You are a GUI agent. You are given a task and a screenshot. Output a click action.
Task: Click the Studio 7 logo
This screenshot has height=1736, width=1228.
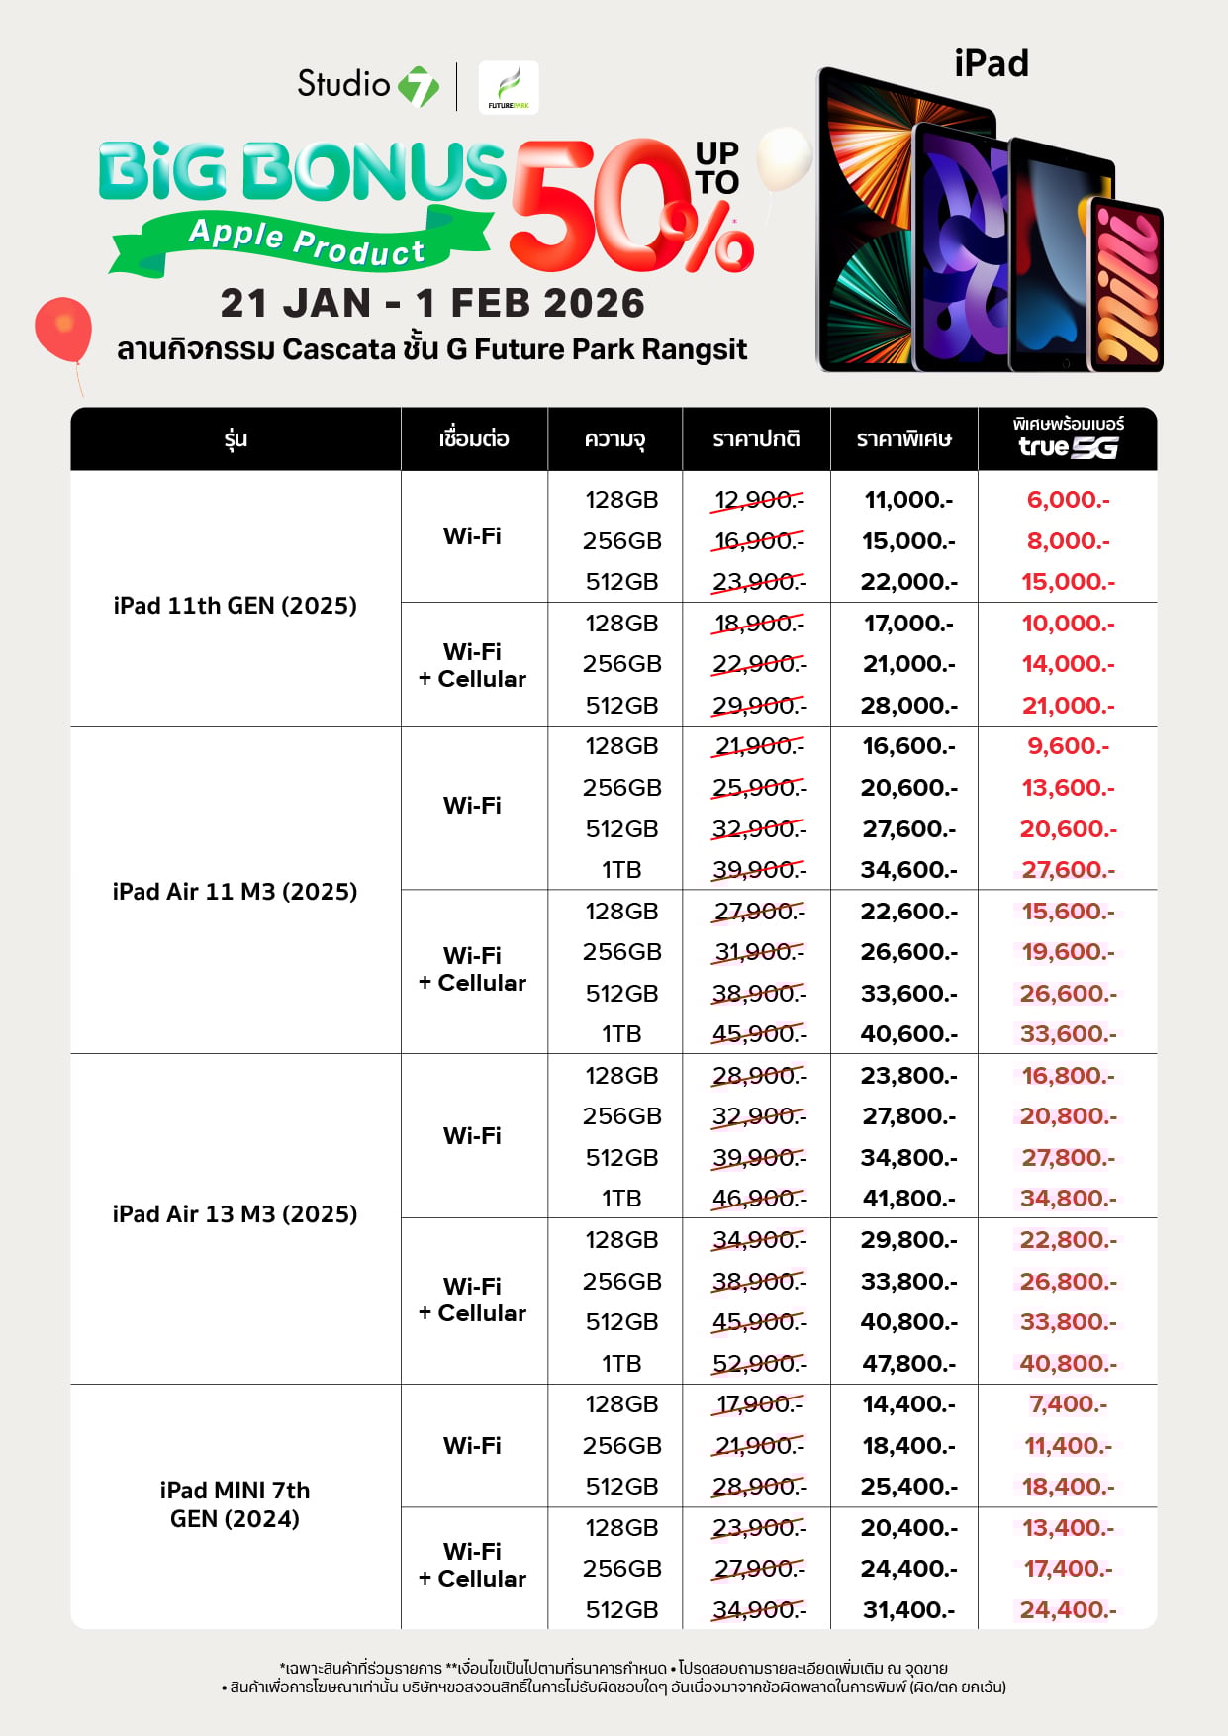[x=367, y=85]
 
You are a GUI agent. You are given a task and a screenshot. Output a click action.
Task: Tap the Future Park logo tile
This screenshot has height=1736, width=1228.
[x=509, y=87]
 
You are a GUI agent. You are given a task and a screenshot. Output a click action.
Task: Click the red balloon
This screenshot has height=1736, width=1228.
[x=63, y=329]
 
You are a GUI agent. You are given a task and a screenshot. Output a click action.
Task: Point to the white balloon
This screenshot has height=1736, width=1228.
[x=784, y=158]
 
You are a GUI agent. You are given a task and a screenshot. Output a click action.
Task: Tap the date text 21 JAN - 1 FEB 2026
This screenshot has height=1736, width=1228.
[x=432, y=304]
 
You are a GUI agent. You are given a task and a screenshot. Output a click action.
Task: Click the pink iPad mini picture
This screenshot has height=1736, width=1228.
[x=1126, y=285]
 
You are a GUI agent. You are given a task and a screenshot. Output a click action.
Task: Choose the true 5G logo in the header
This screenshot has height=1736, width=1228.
[x=1068, y=447]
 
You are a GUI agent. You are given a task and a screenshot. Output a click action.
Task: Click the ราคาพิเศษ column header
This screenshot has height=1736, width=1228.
[x=904, y=439]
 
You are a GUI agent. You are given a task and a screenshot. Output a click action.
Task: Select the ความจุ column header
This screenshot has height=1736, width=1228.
[x=614, y=439]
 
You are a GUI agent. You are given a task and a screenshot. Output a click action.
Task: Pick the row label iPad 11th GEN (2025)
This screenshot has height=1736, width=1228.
[x=235, y=606]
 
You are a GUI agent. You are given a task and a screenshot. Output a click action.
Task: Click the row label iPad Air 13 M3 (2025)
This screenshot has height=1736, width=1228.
[x=235, y=1214]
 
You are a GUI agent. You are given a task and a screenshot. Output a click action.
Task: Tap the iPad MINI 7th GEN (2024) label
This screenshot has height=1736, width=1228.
[x=235, y=1504]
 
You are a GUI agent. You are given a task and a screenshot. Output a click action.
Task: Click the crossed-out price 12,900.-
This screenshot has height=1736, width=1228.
[x=758, y=500]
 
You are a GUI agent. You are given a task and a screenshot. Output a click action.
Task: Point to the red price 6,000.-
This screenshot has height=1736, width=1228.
[x=1068, y=500]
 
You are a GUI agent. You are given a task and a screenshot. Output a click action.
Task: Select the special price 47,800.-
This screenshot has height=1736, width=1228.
[x=908, y=1364]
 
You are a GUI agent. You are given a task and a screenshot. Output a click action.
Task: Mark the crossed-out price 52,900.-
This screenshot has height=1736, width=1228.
[x=759, y=1364]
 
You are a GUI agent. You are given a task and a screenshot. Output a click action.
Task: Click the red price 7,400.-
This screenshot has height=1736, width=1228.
[x=1068, y=1404]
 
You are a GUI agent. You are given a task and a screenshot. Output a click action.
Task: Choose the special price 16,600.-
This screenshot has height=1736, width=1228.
[x=908, y=746]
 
